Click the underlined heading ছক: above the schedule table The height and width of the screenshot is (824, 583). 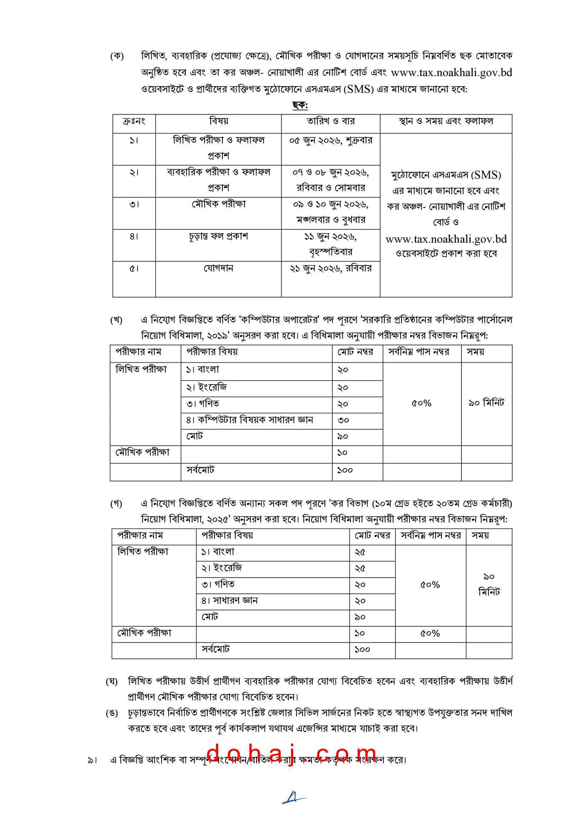pyautogui.click(x=300, y=105)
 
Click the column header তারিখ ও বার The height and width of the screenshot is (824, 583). pyautogui.click(x=331, y=122)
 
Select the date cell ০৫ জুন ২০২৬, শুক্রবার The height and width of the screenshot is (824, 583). pyautogui.click(x=331, y=141)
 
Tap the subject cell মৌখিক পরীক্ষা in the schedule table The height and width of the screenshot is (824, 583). pyautogui.click(x=219, y=204)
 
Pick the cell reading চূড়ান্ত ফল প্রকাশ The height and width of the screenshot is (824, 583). pyautogui.click(x=219, y=236)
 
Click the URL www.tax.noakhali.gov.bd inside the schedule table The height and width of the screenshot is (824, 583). pyautogui.click(x=446, y=239)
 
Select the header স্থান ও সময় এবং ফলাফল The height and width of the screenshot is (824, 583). pyautogui.click(x=446, y=122)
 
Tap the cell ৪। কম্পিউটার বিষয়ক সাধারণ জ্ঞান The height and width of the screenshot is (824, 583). pyautogui.click(x=249, y=420)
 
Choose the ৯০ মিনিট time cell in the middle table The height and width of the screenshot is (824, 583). pyautogui.click(x=486, y=403)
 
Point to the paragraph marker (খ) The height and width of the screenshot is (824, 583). pyautogui.click(x=116, y=320)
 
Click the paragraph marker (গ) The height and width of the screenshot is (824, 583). pyautogui.click(x=116, y=504)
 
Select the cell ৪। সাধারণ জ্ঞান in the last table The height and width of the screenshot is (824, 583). pyautogui.click(x=229, y=601)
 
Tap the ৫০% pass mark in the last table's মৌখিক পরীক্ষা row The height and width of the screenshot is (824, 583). pyautogui.click(x=430, y=634)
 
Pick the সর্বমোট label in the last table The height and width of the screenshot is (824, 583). pyautogui.click(x=215, y=650)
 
